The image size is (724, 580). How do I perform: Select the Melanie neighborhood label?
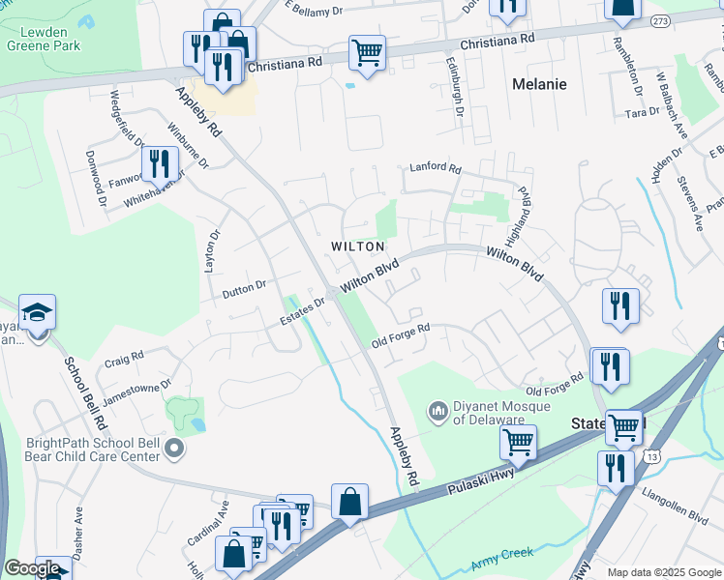coord(539,84)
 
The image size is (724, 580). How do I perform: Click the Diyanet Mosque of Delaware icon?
coord(437,412)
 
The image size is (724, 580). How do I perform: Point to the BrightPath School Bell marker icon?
coord(174,447)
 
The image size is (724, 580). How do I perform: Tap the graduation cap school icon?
coord(38,312)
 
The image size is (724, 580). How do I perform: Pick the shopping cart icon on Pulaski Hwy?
coord(519,442)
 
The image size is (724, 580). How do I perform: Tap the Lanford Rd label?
coord(435,167)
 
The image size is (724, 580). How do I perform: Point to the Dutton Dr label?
coord(244,286)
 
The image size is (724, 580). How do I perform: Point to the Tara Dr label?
coord(642,113)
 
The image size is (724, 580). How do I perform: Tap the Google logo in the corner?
coord(32,568)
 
